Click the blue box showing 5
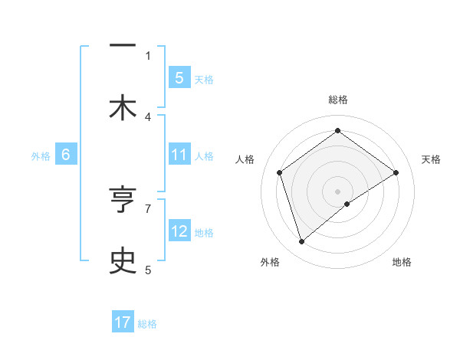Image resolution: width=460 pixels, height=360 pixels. (x=179, y=77)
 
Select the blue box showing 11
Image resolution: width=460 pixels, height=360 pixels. (x=179, y=155)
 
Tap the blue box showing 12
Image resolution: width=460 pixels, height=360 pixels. (x=179, y=231)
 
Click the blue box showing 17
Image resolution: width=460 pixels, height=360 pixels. (x=123, y=322)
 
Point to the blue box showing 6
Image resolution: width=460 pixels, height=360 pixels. (x=66, y=155)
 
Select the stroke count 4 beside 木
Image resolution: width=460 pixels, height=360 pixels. (x=148, y=116)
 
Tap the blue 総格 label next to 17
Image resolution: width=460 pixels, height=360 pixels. (x=147, y=323)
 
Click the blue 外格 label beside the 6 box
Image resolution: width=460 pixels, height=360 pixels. (x=41, y=156)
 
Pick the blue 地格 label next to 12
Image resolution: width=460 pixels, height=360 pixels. (x=204, y=232)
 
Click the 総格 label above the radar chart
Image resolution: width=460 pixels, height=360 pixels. (x=338, y=100)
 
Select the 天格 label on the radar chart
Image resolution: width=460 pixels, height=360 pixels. (x=432, y=159)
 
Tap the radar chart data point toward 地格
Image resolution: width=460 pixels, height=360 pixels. (x=347, y=204)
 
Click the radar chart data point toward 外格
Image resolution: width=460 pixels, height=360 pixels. (x=301, y=242)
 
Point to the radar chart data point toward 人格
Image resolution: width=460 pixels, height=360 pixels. (x=280, y=172)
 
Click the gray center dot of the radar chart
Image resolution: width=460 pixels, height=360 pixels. (x=338, y=191)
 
